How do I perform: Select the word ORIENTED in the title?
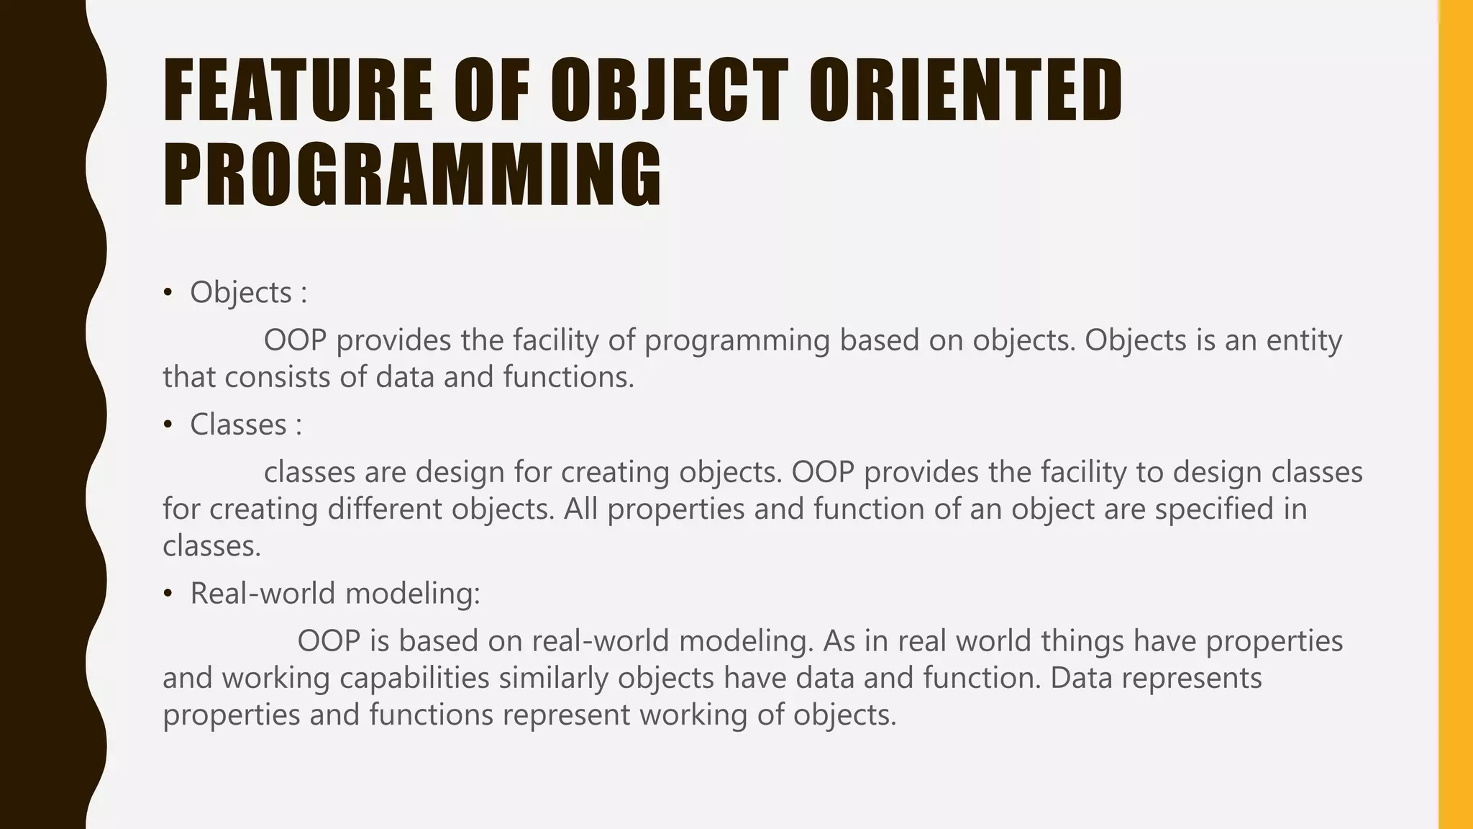point(965,91)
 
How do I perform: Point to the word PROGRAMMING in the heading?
point(412,175)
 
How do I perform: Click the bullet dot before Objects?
point(168,292)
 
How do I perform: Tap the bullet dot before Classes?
point(168,425)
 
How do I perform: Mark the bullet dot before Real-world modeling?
point(168,593)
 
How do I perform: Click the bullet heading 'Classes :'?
point(245,425)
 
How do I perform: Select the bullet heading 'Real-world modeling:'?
point(334,593)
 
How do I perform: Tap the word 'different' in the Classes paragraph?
point(384,509)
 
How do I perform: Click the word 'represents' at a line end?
point(1192,678)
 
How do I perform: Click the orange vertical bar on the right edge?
point(1456,414)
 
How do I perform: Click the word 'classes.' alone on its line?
point(211,546)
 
